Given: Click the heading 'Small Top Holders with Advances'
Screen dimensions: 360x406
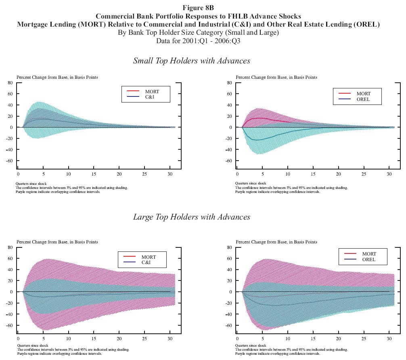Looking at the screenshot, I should point(192,61).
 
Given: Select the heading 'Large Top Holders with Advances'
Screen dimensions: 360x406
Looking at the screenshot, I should point(192,217).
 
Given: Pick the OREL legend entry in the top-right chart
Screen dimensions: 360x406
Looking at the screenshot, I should point(363,99).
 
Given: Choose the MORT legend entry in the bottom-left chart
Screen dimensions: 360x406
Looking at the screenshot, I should point(148,257).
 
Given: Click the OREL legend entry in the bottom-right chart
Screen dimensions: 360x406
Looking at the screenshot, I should point(368,260).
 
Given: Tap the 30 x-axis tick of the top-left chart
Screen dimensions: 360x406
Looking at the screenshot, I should point(170,174).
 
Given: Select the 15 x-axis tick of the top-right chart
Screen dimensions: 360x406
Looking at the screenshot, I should point(313,174).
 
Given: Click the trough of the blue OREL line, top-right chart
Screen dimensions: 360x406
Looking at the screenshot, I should point(257,140).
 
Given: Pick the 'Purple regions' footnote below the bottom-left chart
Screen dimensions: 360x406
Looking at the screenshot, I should point(58,354).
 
